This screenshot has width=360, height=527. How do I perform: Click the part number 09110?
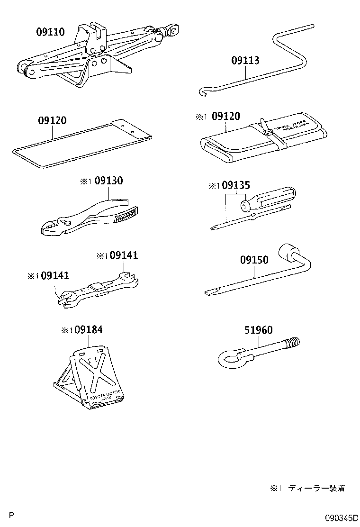pos(50,32)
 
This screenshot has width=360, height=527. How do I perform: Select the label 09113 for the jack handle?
pos(245,61)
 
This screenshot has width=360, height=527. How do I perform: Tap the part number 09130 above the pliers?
pos(108,181)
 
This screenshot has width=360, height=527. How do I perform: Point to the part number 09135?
pos(235,186)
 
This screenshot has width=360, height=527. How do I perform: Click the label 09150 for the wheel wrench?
pos(254,260)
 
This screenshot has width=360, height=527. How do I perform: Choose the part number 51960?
pos(258,330)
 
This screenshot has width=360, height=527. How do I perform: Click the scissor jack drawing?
pos(95,55)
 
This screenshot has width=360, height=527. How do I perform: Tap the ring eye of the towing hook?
pos(229,357)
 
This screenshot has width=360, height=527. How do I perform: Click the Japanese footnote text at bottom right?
pos(308,489)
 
